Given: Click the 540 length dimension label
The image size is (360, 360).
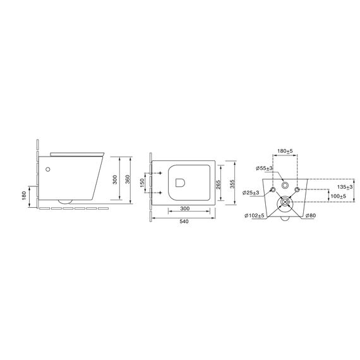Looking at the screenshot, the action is [x=184, y=222].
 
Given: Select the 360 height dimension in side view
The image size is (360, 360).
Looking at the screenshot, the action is [x=128, y=179].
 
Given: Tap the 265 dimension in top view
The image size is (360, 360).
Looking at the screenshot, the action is [x=218, y=184].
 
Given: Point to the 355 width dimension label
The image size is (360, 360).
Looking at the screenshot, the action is [x=232, y=184].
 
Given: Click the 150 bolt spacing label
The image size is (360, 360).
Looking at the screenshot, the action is [x=142, y=183].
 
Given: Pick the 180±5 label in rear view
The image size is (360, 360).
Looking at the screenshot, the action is [x=285, y=151].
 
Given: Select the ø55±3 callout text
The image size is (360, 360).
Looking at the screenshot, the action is [x=264, y=168].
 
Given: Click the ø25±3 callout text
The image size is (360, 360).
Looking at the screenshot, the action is [x=251, y=193].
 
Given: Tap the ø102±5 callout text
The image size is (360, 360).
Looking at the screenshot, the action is [x=255, y=215].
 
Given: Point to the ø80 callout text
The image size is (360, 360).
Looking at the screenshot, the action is [x=311, y=215].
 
